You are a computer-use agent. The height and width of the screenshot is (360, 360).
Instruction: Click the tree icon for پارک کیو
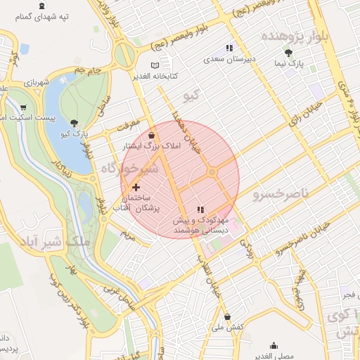click(75, 122)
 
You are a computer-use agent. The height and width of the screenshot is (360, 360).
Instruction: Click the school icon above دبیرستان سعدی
click(229, 49)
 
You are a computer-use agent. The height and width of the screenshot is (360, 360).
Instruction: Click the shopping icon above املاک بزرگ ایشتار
click(153, 134)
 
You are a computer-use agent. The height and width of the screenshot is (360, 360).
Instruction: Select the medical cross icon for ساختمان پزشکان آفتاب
click(136, 187)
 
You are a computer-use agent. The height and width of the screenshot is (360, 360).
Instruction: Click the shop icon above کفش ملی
click(226, 316)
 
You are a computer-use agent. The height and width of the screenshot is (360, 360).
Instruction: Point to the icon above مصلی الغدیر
click(274, 345)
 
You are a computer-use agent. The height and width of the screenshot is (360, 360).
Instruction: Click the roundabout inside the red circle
click(212, 172)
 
